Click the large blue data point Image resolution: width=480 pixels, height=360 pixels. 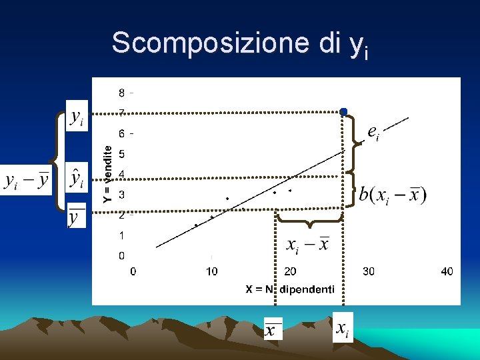click(343, 111)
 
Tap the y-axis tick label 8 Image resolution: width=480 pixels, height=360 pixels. click(121, 92)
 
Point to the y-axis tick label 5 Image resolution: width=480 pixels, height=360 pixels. click(121, 154)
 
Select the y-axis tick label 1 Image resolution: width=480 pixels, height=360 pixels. click(121, 235)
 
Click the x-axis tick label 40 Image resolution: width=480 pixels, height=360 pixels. click(447, 271)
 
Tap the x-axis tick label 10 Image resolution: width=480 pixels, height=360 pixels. click(211, 271)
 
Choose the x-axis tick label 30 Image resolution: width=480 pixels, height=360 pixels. click(368, 271)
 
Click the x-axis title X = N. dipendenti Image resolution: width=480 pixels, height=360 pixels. click(290, 289)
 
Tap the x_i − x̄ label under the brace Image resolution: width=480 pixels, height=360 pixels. click(307, 245)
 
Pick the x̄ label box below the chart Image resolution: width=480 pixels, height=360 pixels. click(273, 329)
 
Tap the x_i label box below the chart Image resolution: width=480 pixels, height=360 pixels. click(343, 327)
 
